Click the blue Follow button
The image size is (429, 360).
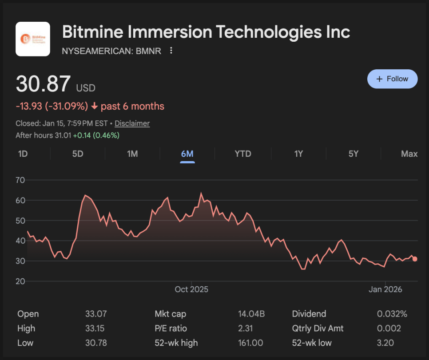[392, 79]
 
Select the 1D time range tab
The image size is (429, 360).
[23, 154]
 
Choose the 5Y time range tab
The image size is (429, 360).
[353, 154]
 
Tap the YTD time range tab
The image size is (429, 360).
[243, 154]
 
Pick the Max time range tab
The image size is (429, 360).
[409, 154]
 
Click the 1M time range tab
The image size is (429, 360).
[132, 154]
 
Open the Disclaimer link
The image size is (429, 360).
[132, 123]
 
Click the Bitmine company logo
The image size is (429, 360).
[33, 39]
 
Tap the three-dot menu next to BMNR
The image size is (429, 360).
[171, 51]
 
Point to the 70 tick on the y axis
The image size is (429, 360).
[20, 180]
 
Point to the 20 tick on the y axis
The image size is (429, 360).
[20, 281]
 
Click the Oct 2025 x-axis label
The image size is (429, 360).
[191, 289]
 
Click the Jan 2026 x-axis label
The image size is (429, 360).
[385, 289]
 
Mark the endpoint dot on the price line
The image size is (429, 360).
[415, 259]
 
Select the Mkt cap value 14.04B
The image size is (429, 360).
[251, 314]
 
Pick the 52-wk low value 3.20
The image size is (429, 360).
[385, 343]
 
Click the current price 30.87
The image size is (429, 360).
[43, 84]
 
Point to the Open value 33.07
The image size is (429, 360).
[96, 314]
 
